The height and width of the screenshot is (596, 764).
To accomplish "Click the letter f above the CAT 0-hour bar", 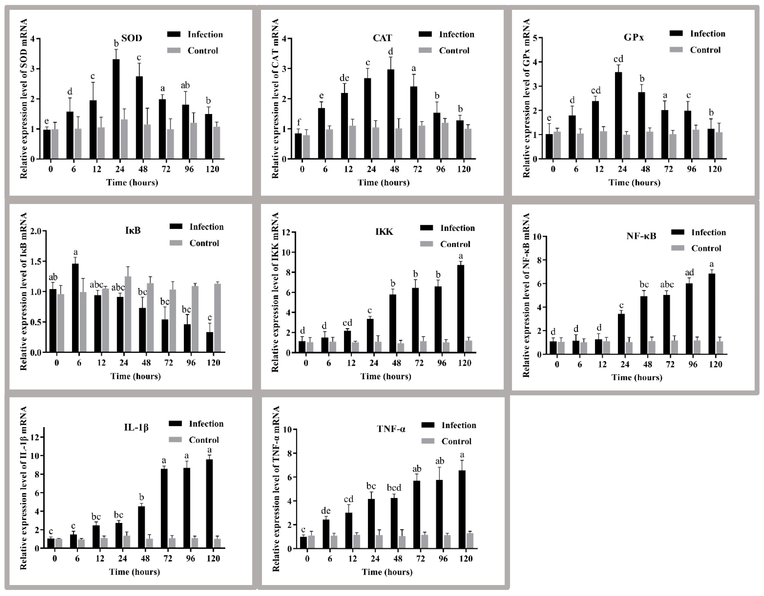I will click(x=299, y=122).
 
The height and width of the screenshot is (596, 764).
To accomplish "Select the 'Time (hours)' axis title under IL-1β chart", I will click(x=134, y=572).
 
